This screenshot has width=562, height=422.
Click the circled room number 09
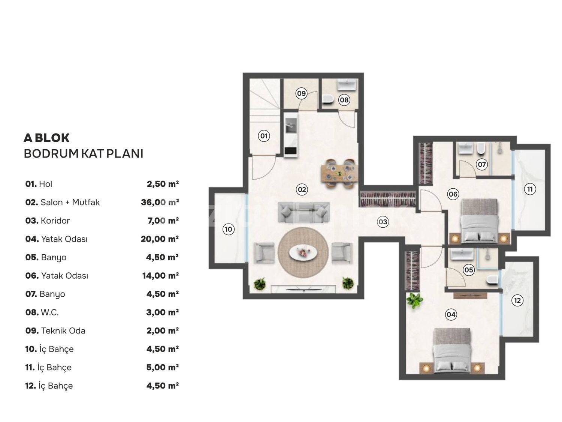tap(301, 93)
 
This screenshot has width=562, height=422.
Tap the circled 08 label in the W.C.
tap(344, 100)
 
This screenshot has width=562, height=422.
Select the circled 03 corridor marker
tap(383, 222)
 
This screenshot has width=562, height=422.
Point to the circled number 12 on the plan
tap(517, 300)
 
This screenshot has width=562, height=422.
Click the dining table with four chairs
tap(339, 173)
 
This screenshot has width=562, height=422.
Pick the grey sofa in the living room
tap(303, 212)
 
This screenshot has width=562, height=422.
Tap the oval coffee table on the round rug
tap(303, 252)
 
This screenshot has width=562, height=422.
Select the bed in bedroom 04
tap(452, 350)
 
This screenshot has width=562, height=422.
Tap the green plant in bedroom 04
tap(414, 300)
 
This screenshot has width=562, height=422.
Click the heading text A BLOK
tap(46, 138)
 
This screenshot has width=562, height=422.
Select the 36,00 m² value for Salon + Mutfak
tap(160, 202)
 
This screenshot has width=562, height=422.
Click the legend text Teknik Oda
tap(63, 330)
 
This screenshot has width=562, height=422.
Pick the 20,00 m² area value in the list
tap(160, 239)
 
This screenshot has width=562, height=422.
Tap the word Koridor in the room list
tap(55, 221)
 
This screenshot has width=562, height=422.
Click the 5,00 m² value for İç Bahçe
tap(163, 367)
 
